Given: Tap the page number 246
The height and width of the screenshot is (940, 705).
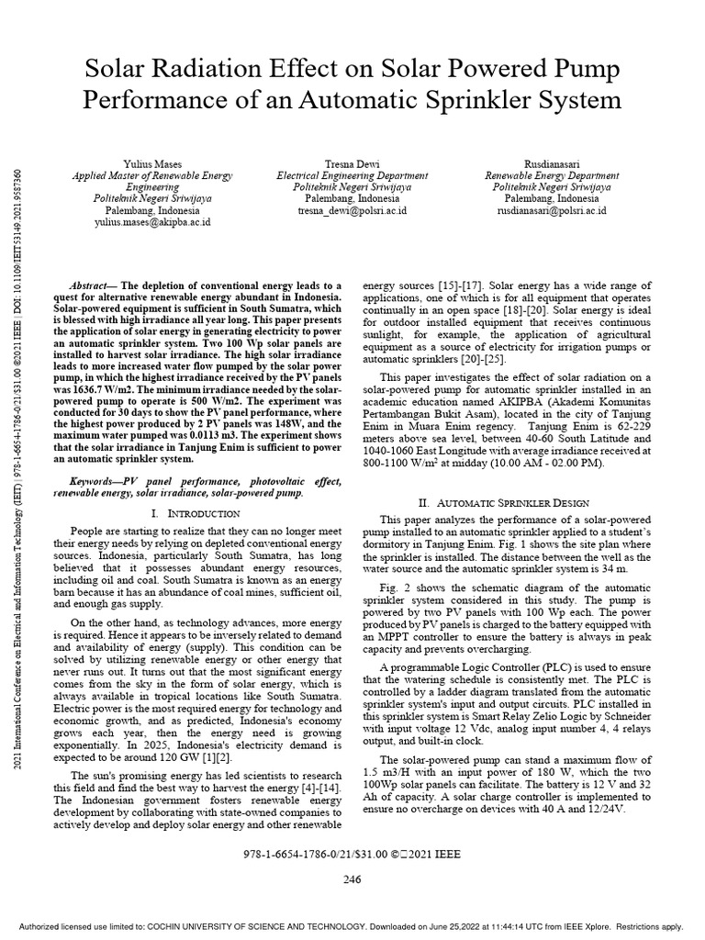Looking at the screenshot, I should click(352, 880).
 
